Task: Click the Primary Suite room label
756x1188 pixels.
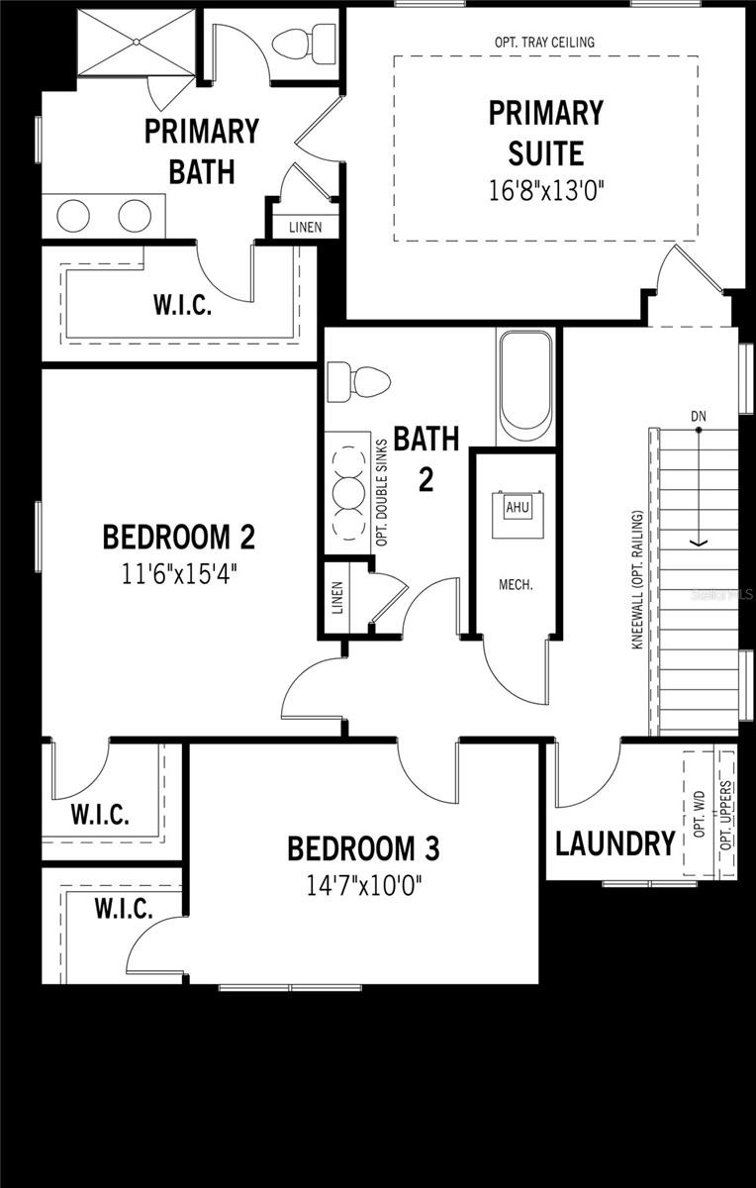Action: click(x=545, y=133)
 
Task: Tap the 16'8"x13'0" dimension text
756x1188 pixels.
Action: click(x=545, y=191)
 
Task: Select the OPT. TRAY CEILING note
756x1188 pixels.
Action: click(x=545, y=43)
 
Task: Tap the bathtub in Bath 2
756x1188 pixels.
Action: click(x=524, y=386)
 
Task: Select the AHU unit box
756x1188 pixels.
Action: click(x=518, y=507)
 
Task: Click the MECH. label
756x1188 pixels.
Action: click(x=516, y=584)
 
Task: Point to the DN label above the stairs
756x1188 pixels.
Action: click(x=699, y=416)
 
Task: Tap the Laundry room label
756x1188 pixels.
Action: click(x=614, y=844)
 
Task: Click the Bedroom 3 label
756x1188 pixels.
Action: click(x=363, y=848)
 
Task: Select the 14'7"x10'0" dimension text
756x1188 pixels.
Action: click(x=363, y=884)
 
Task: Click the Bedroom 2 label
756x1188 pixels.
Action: click(x=179, y=538)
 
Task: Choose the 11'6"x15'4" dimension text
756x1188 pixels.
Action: click(x=179, y=573)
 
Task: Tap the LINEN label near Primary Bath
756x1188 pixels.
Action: click(x=305, y=227)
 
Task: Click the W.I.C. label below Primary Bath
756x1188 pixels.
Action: click(x=182, y=305)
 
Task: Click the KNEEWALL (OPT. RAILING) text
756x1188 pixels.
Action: click(x=639, y=579)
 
